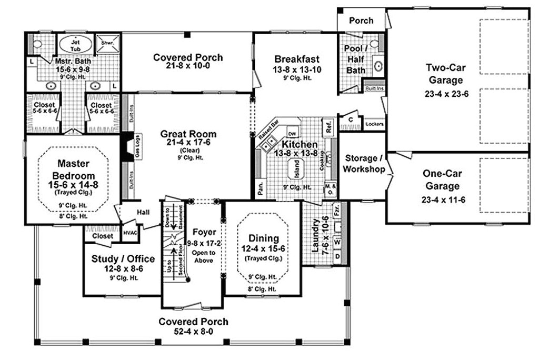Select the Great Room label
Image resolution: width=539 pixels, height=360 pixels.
point(188,134)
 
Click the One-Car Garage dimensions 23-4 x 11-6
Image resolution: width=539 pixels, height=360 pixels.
point(442,199)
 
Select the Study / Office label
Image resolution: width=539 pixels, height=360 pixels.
point(123,258)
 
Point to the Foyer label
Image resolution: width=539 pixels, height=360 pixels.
point(204,231)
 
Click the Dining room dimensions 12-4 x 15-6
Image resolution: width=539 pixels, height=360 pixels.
point(262,248)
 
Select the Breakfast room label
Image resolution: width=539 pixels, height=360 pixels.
point(296,59)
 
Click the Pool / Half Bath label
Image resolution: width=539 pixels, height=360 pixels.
point(356,59)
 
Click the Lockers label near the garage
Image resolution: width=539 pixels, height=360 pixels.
point(374,125)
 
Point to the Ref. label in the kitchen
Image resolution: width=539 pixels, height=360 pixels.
point(329,126)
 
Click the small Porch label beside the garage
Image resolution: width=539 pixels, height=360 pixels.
point(361,21)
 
